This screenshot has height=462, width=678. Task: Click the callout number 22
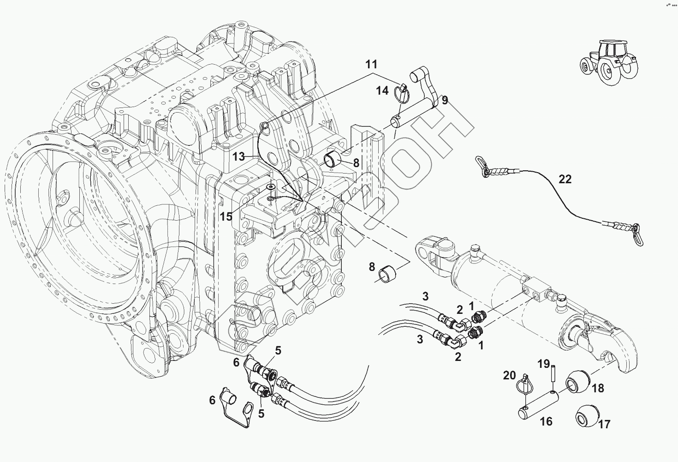(x=565, y=180)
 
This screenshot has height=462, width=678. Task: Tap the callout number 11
(x=371, y=65)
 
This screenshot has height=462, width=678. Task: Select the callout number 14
(x=382, y=90)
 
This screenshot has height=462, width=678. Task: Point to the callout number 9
(x=444, y=100)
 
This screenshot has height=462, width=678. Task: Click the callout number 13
(x=238, y=156)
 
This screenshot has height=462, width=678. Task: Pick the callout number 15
(x=226, y=216)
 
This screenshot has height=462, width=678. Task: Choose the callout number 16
(x=546, y=421)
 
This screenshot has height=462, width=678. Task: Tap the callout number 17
(x=604, y=425)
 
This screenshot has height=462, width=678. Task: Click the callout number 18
(x=598, y=388)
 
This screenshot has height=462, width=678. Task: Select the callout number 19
(x=544, y=364)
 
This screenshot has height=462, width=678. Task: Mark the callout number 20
(x=509, y=376)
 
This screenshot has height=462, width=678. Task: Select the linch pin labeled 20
(x=524, y=387)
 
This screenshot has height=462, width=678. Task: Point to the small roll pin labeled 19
(x=553, y=375)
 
